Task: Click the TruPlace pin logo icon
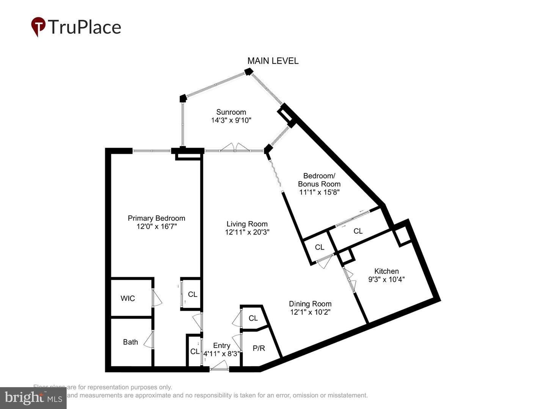38,27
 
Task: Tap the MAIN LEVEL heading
273,61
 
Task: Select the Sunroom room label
231,112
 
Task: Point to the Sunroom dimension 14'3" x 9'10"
231,120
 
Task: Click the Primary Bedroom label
156,218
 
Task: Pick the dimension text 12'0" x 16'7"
156,226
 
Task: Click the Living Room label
247,224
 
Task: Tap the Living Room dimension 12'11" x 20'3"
247,232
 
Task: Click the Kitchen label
386,271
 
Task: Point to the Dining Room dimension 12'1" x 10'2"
310,312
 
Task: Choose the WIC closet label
128,298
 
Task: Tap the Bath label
130,342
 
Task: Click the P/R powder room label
259,348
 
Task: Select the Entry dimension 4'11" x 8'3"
221,354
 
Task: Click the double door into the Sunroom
235,147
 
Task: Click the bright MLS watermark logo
33,398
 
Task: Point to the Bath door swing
150,339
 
